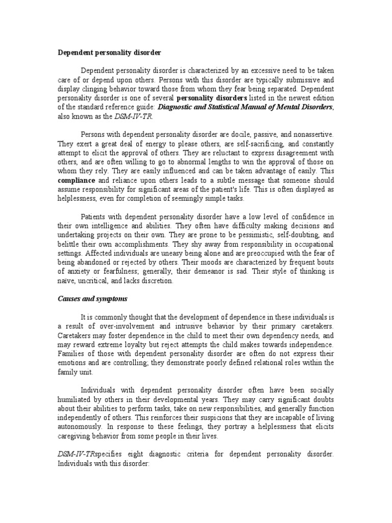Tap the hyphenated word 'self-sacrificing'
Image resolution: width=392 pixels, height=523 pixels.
coord(239,144)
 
